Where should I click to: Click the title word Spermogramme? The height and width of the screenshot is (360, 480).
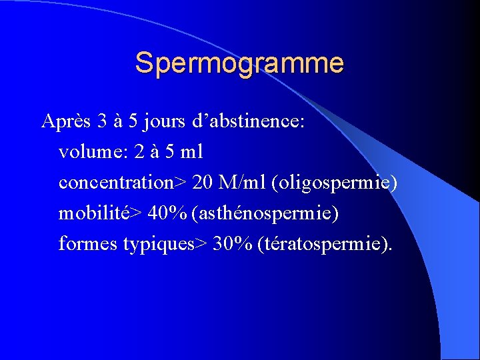239,63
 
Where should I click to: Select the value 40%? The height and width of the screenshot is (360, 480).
167,213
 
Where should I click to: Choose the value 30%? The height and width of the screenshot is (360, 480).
231,244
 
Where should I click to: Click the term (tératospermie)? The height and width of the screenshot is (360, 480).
325,244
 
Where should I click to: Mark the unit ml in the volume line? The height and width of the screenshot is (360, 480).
193,152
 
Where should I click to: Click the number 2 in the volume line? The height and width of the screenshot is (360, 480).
138,152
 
